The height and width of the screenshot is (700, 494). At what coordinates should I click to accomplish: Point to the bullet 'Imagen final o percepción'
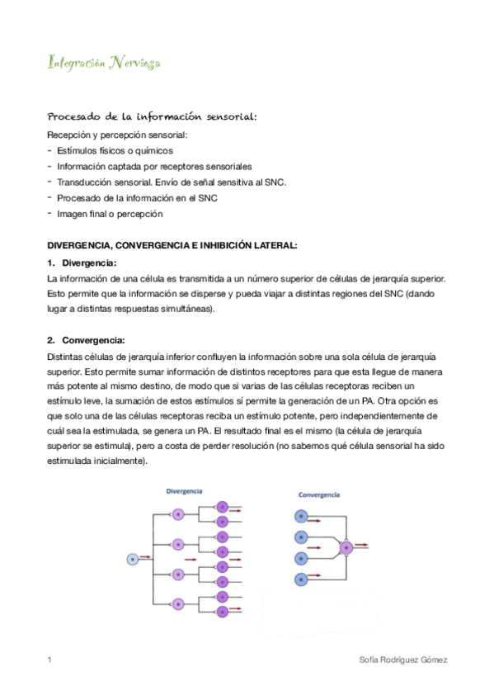coord(110,214)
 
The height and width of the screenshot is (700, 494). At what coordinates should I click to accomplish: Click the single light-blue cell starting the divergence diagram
coord(131,559)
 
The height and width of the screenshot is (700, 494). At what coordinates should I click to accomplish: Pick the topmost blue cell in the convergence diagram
coord(303,516)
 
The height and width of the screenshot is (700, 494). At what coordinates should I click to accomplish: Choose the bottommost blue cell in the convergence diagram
coord(303,579)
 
